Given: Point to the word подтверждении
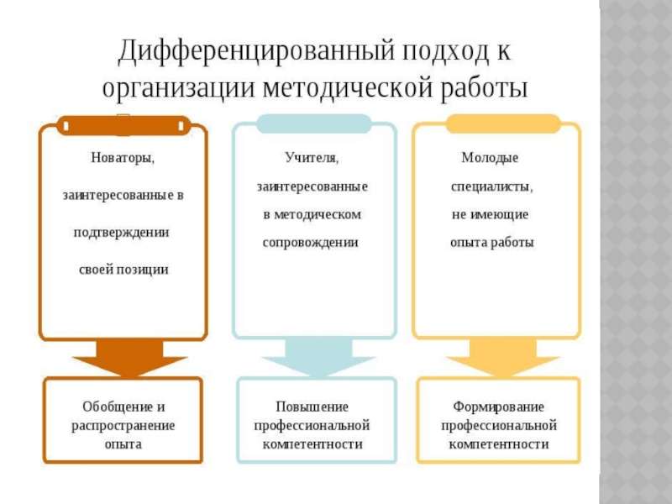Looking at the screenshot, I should [x=123, y=233].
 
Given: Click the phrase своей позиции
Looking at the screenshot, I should [x=123, y=270].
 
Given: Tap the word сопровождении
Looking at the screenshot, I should [x=311, y=242].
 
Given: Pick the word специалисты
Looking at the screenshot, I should [x=491, y=186].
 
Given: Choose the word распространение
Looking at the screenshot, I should [x=123, y=425].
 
